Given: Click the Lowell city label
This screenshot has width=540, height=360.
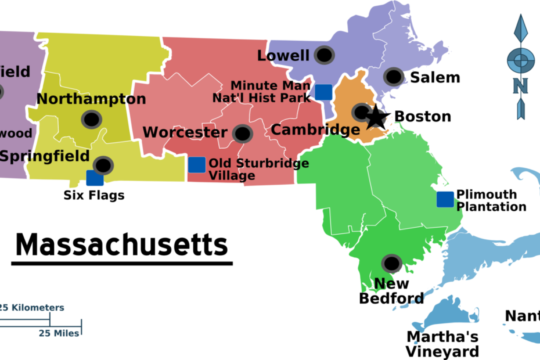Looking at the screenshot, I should [283, 56].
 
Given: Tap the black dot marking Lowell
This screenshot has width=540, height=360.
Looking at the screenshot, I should [325, 55].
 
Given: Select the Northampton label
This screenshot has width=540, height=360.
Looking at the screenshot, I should [91, 99].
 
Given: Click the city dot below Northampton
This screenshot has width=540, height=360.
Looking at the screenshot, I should [92, 120].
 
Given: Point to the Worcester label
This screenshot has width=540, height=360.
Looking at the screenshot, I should [185, 132].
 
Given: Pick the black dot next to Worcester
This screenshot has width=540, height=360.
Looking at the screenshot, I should [242, 134].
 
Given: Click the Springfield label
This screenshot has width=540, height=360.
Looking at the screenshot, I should [45, 156].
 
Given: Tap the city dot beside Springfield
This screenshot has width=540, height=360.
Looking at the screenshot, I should [103, 165].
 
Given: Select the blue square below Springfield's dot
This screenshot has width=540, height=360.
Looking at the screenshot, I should [95, 178].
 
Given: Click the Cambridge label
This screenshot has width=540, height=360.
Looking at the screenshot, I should [315, 129].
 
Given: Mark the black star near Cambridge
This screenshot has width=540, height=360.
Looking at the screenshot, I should [377, 117].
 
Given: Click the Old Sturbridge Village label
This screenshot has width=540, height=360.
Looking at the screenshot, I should [258, 169].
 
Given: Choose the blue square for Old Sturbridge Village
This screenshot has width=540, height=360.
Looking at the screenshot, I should [197, 164].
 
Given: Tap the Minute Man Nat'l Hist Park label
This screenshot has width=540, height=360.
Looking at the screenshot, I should [262, 92].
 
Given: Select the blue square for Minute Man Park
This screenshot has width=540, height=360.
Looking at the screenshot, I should [323, 92].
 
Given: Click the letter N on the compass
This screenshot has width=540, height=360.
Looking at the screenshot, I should [520, 86].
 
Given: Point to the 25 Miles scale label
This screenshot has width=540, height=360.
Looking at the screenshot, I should [59, 333].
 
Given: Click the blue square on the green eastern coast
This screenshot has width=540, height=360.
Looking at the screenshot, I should [445, 199].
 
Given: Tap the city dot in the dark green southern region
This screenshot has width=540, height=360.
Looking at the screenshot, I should [392, 264].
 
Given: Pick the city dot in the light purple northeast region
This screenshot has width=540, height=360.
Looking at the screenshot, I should [394, 76].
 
